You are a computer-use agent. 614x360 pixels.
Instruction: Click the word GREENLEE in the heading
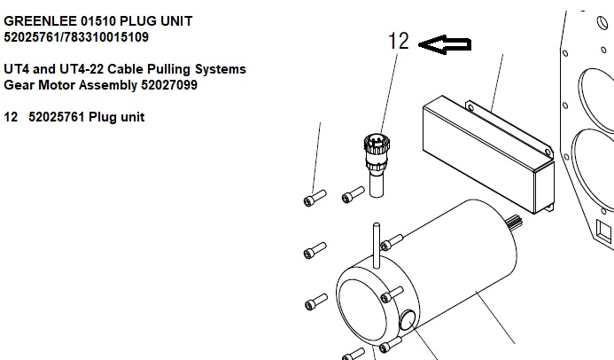click(x=37, y=20)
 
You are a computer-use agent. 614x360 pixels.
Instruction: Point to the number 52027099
click(x=168, y=86)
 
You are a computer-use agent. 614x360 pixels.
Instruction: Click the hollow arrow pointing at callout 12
click(x=445, y=45)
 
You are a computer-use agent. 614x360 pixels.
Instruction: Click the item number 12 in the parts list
click(x=12, y=117)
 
